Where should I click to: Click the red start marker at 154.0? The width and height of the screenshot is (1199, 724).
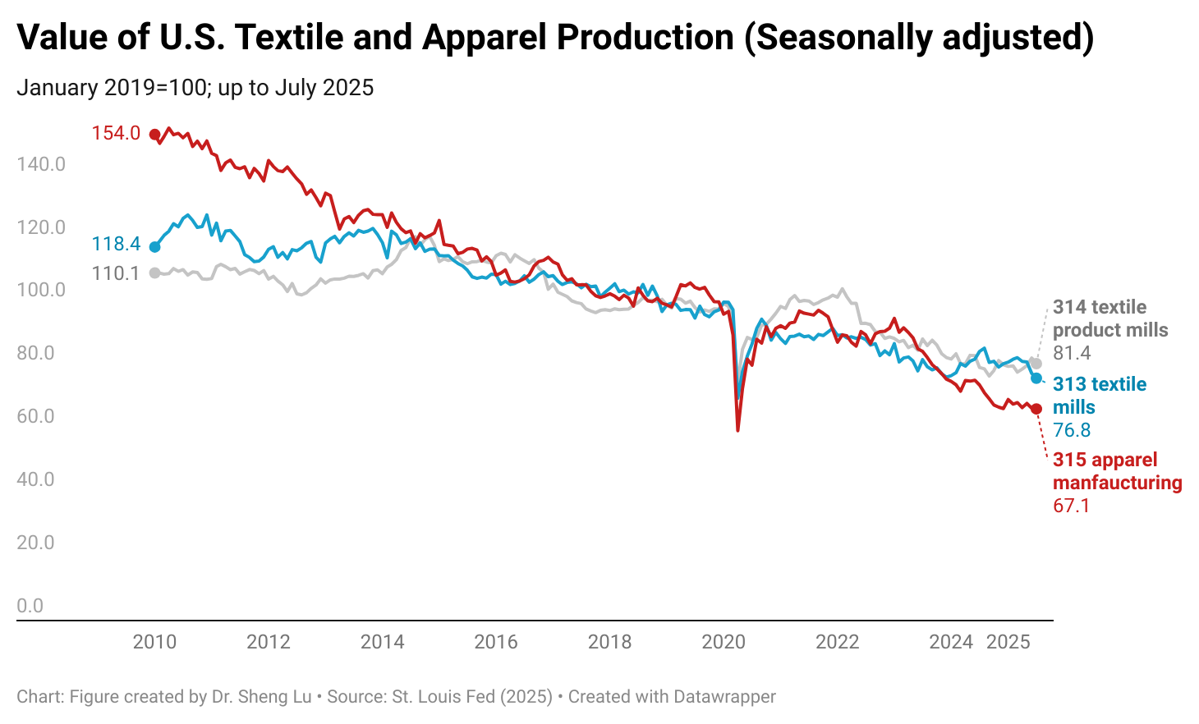click(154, 134)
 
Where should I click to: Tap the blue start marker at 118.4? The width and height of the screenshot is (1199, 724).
click(154, 246)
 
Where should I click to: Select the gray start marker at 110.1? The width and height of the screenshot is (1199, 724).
click(154, 273)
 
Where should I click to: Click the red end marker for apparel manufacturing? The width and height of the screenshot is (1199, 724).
click(1036, 409)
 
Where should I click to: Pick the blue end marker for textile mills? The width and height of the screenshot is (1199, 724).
click(1036, 378)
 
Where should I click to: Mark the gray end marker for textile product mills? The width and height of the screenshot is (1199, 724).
click(1036, 364)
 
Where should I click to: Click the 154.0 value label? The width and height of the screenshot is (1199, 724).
click(116, 133)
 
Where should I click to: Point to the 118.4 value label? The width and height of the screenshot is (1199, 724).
click(116, 244)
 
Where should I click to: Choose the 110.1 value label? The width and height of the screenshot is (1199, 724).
click(116, 273)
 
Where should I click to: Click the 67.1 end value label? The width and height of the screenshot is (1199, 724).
click(1071, 506)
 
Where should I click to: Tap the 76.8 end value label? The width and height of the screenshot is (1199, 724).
click(1072, 430)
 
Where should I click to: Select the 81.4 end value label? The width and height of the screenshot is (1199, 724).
click(1072, 353)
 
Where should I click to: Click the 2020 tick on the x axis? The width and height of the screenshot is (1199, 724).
click(723, 642)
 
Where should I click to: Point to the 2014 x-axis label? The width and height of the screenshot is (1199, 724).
click(382, 642)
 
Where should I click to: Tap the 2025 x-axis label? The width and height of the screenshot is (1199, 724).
click(1008, 642)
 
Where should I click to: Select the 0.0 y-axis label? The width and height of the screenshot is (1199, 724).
click(30, 606)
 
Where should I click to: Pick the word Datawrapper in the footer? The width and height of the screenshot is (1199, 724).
click(724, 697)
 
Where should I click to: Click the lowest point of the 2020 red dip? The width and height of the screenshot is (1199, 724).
click(738, 430)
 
